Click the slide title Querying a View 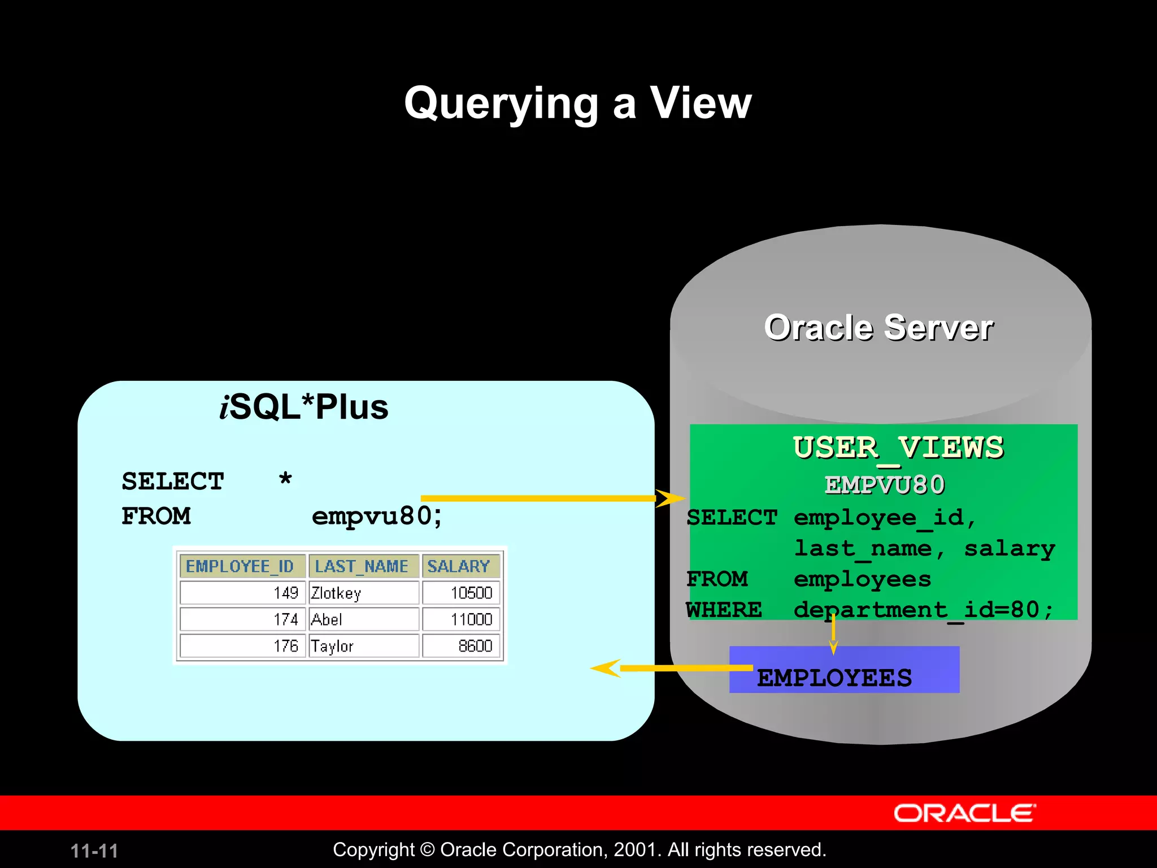coord(577,103)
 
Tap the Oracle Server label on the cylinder coord(878,328)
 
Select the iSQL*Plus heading coord(304,407)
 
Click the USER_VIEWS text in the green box coord(898,448)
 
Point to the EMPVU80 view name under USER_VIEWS coord(885,485)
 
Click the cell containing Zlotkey coord(363,593)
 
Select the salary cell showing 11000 coord(460,619)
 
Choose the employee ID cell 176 coord(242,646)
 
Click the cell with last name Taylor coord(363,646)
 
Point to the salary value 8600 coord(460,646)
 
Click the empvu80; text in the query coord(377,516)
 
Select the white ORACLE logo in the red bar coord(964,813)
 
